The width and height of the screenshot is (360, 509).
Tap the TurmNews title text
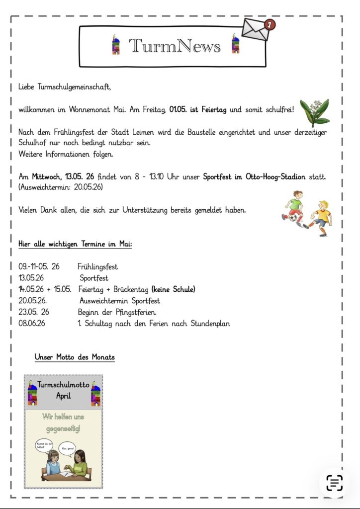(175, 46)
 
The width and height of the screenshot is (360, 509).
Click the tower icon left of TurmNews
(115, 44)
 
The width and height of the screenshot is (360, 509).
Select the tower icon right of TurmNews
(235, 44)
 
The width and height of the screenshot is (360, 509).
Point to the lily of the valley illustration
(314, 113)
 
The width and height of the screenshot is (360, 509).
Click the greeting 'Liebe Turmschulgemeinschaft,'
(65, 86)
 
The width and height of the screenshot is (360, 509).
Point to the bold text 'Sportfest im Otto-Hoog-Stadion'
(269, 177)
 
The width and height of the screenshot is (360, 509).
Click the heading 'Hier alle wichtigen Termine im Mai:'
(75, 244)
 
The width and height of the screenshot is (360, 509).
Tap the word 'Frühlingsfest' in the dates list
(97, 267)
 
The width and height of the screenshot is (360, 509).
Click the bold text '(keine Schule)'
(174, 289)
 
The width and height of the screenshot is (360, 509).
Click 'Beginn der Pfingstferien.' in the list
(117, 312)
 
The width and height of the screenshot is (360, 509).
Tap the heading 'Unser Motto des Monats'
(75, 357)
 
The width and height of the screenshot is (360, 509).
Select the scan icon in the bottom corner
(335, 482)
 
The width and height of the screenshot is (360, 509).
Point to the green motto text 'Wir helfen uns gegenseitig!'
(63, 422)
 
